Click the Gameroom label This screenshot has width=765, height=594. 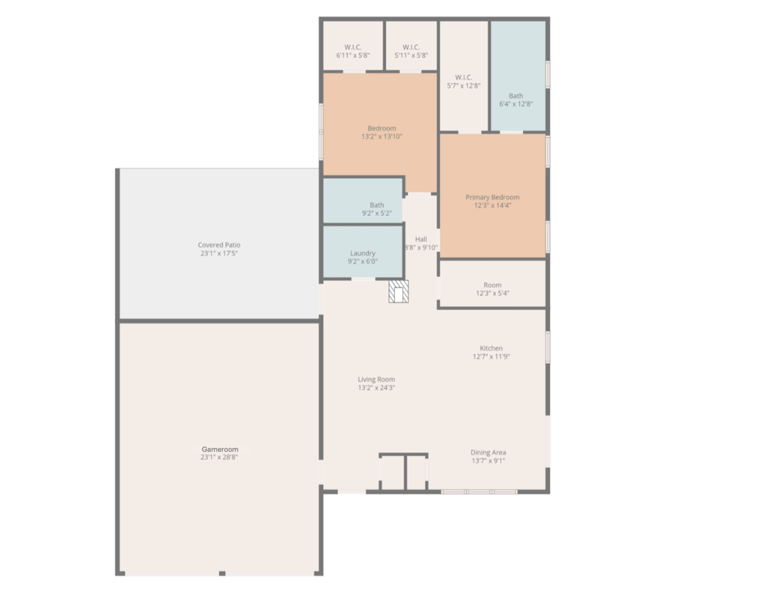(220, 449)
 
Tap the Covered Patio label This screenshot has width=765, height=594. (219, 245)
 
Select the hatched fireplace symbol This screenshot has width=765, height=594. (399, 291)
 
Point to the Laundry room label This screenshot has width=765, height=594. (363, 253)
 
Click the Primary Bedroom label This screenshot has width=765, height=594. (493, 197)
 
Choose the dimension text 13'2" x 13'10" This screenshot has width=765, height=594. (382, 137)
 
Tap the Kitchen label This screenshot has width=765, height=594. (491, 348)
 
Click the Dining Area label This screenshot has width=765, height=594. (488, 452)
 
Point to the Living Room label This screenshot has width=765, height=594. (376, 379)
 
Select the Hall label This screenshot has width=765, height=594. (421, 239)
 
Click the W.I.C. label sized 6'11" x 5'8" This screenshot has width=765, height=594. (353, 47)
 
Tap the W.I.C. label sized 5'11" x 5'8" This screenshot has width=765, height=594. (411, 47)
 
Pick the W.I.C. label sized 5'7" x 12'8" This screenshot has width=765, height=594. (464, 77)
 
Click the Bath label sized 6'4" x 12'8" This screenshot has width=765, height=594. (516, 96)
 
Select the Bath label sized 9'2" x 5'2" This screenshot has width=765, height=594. (377, 205)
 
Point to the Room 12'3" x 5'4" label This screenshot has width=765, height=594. (493, 285)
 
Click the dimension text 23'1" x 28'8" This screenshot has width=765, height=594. (219, 457)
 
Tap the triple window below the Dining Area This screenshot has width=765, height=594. (479, 492)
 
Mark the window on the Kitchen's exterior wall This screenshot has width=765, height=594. (548, 347)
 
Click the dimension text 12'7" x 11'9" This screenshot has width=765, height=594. (491, 356)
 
